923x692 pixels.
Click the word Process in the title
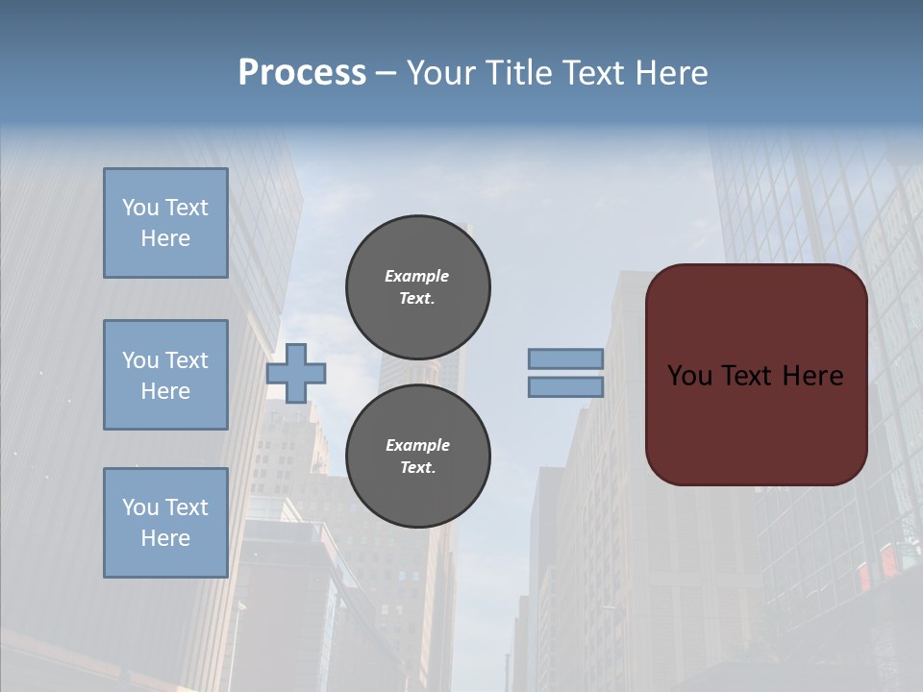pos(302,73)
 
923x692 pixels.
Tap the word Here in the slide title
pos(671,73)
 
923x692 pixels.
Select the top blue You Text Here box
pos(165,223)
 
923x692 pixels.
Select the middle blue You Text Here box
pos(165,375)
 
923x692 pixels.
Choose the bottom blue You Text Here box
pos(165,523)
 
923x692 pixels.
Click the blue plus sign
pos(295,373)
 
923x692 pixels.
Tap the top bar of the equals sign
pos(565,358)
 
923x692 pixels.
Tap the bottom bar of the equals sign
pos(565,387)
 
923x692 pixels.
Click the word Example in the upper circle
pos(416,276)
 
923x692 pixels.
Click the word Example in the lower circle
pos(417,445)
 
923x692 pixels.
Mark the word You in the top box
pos(140,208)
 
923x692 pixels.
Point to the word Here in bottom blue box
pos(165,538)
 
